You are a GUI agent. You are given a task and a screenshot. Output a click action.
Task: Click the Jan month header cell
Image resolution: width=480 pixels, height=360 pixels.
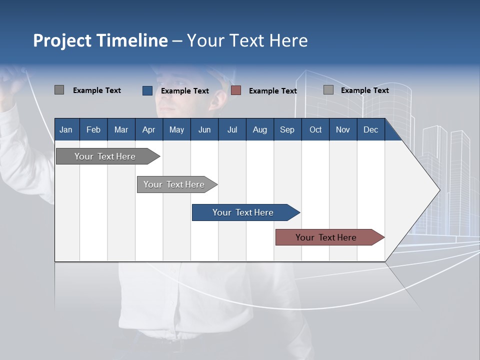click(x=66, y=129)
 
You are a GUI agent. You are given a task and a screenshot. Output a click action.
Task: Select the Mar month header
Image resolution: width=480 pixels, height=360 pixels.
click(x=121, y=129)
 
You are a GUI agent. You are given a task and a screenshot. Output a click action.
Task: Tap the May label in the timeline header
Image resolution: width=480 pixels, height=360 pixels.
click(x=176, y=129)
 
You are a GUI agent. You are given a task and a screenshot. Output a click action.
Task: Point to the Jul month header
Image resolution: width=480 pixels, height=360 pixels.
click(x=232, y=129)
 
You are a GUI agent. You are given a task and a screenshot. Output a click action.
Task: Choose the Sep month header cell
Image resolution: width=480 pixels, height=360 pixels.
click(x=287, y=129)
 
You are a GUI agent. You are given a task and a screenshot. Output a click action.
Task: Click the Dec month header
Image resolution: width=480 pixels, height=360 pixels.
click(x=370, y=129)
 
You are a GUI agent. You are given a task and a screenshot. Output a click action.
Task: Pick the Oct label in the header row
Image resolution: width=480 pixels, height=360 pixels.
click(x=315, y=129)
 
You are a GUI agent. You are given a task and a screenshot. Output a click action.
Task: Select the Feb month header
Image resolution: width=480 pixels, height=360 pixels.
click(x=93, y=129)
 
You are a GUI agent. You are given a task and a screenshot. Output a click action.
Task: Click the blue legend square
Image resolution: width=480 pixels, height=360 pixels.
click(x=147, y=90)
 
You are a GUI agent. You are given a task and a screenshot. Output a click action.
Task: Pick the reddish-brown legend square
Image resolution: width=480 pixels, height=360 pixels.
click(x=236, y=90)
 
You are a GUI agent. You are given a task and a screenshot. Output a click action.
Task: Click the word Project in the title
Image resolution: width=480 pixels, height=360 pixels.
click(x=62, y=40)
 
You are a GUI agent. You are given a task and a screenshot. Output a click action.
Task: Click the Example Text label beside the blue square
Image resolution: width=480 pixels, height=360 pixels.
click(x=185, y=91)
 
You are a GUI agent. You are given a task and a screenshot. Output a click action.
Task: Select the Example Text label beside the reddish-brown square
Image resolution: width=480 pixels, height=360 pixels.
click(x=273, y=91)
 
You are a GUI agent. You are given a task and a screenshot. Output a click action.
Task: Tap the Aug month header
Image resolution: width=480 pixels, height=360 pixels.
click(x=259, y=129)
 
